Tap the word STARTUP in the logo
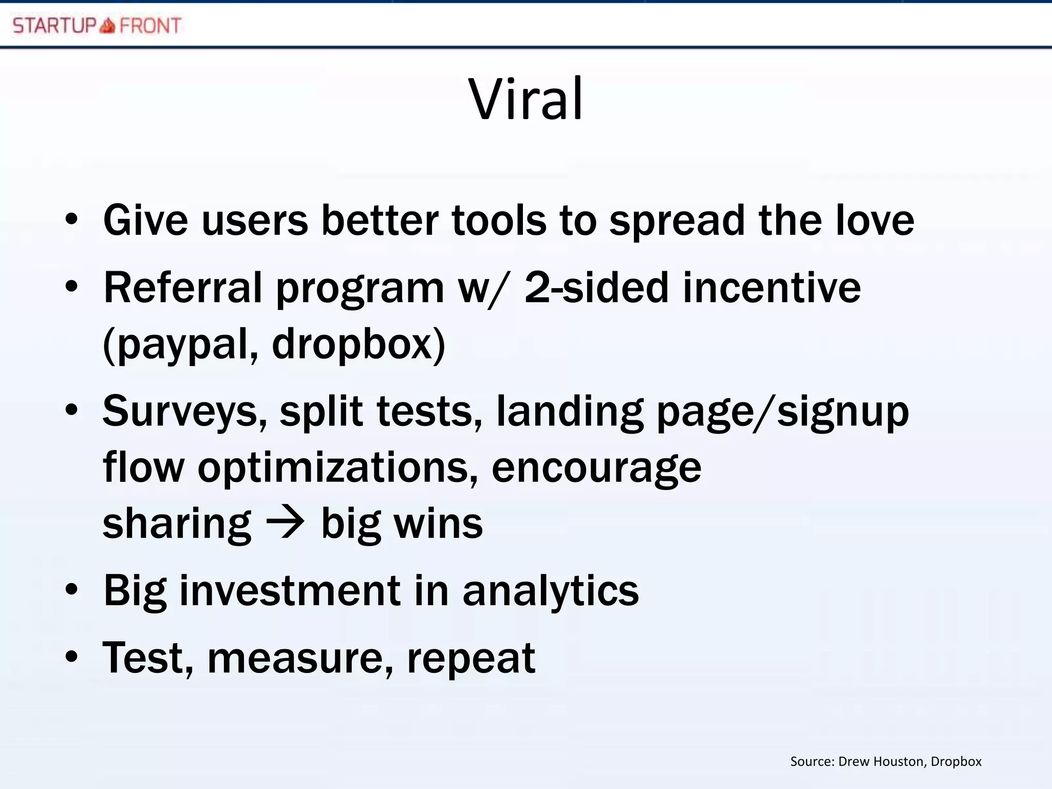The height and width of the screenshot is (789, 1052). point(54,25)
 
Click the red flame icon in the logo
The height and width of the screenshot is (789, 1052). point(107,25)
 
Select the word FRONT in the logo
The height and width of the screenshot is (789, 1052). point(150,25)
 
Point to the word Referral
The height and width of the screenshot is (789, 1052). point(183,288)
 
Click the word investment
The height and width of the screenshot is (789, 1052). point(290,591)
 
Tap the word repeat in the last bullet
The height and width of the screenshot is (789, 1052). point(471,659)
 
